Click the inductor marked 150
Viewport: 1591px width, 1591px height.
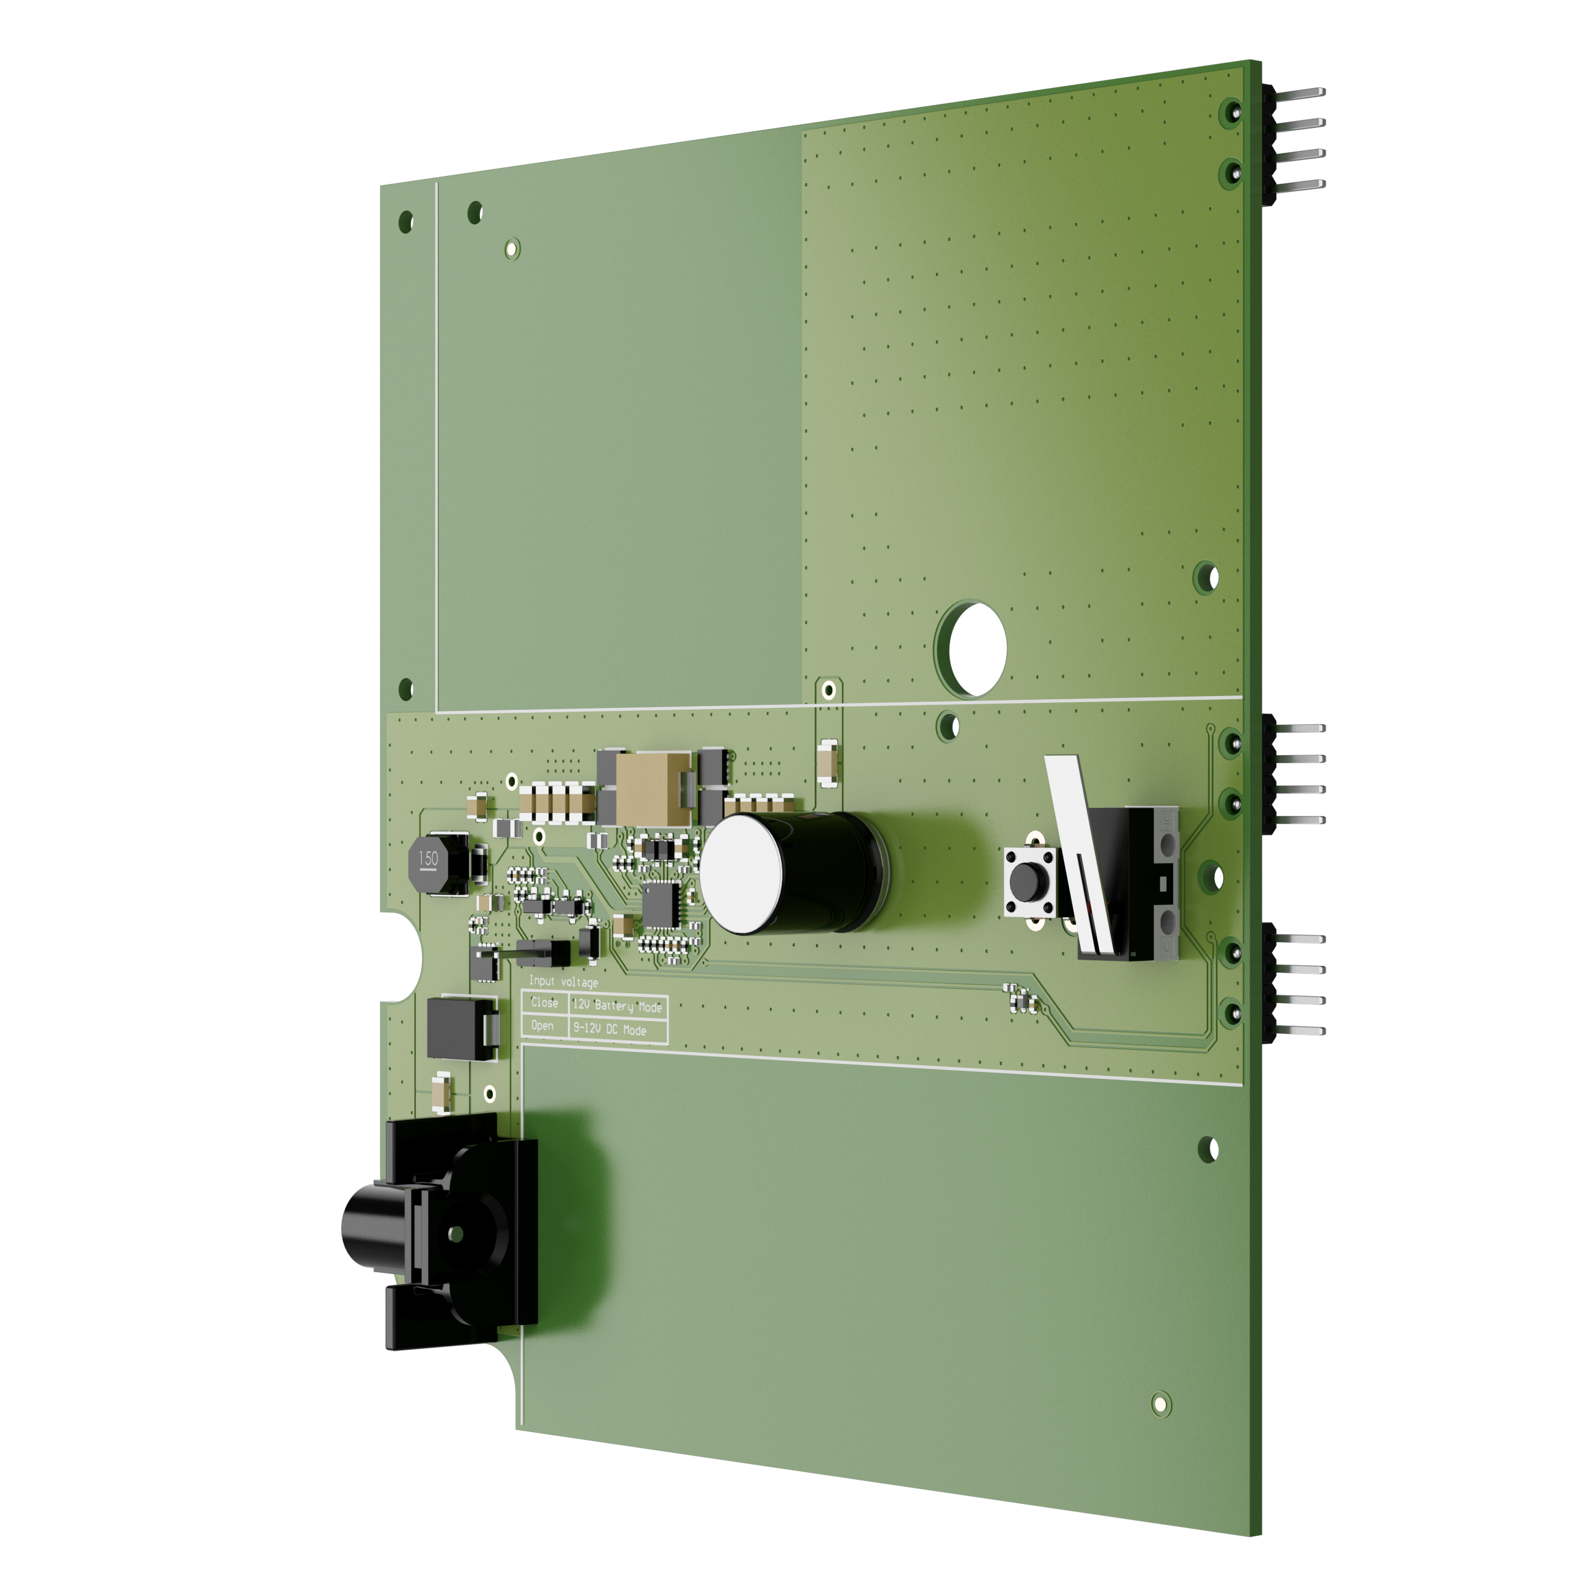point(429,861)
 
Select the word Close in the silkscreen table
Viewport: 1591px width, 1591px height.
point(544,1002)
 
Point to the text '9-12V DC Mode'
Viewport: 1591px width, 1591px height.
point(610,1029)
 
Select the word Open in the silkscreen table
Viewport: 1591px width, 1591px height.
point(542,1025)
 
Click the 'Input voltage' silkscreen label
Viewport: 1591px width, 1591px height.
point(563,981)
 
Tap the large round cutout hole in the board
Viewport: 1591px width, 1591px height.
point(977,648)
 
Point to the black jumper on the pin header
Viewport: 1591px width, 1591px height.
point(544,953)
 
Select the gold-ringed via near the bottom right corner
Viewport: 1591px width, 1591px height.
point(1160,1403)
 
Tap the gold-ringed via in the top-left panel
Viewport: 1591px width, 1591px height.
point(511,247)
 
